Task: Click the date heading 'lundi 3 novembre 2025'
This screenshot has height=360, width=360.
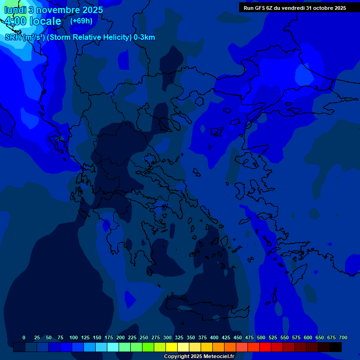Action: coord(53,10)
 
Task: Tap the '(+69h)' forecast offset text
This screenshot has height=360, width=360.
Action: coord(81,21)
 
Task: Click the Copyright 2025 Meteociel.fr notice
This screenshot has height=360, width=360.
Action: coord(199,356)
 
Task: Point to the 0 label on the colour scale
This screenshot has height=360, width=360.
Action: coord(24,337)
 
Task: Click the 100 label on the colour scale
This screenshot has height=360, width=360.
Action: coord(74,337)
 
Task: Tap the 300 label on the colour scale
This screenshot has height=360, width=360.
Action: coord(167,337)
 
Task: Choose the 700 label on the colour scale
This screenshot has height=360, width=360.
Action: coord(343,337)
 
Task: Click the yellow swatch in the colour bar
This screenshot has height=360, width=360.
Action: coord(172,347)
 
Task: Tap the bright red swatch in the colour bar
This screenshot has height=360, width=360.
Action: coord(265,347)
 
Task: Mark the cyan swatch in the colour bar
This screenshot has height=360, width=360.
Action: coord(113,347)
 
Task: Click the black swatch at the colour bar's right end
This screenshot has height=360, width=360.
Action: coord(336,347)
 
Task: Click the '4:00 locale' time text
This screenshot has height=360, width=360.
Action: coord(33,21)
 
